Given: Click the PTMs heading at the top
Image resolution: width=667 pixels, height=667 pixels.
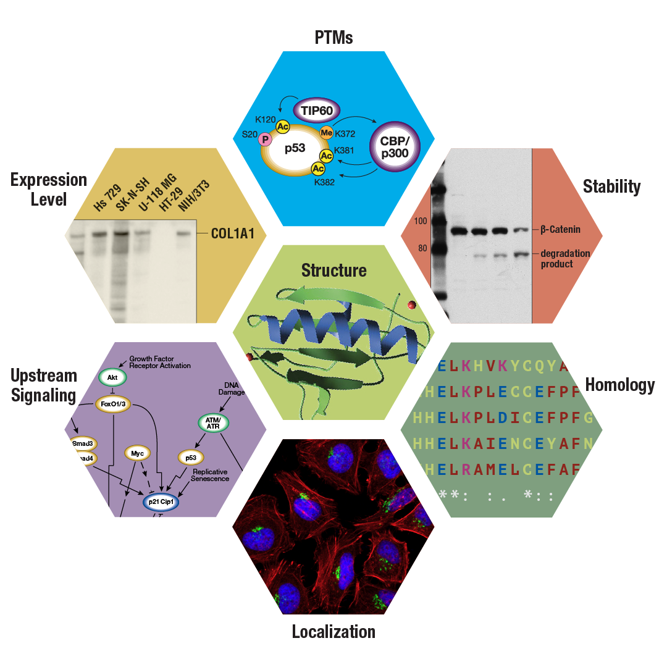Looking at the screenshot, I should point(333,38).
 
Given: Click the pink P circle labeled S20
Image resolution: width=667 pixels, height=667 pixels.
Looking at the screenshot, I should point(266,139).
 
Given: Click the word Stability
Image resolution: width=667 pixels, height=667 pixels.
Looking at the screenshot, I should point(611,187).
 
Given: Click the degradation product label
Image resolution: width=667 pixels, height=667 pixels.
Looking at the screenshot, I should point(565,259).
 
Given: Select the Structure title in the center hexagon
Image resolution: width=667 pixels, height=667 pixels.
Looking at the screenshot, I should point(333,271).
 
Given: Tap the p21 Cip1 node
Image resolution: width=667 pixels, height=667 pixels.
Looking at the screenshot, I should point(161,502).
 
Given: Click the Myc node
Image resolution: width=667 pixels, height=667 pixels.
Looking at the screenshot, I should point(138,454).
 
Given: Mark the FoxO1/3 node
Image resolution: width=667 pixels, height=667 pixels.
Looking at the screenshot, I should point(114,405).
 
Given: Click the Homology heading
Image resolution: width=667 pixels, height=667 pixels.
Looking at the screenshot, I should point(619,385).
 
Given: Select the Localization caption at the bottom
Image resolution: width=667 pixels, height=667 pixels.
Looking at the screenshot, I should point(333,632).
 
